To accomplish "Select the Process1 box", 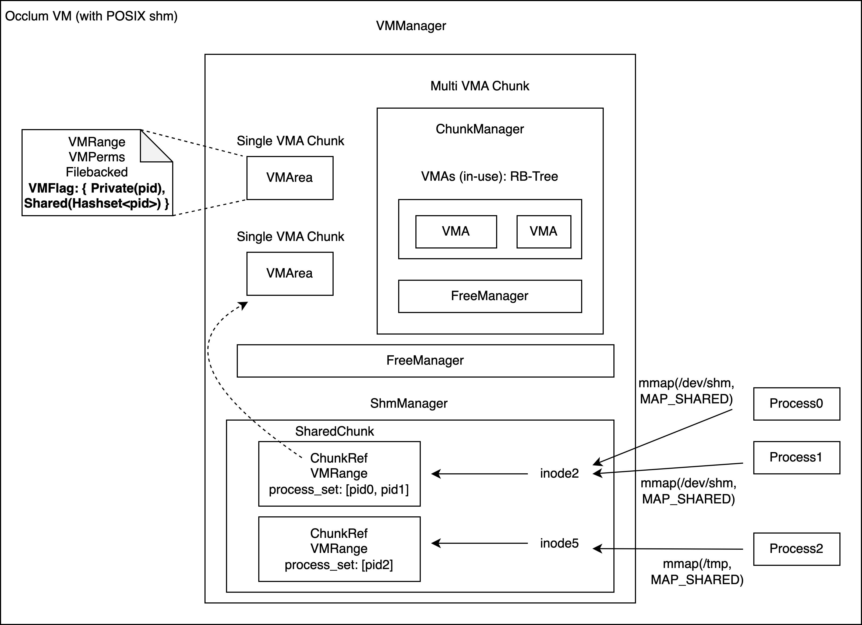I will click(x=796, y=457).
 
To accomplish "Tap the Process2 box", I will click(x=796, y=549).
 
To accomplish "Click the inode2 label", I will click(x=559, y=473).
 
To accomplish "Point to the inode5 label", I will click(x=559, y=543).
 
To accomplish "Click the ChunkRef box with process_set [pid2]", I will click(x=339, y=549).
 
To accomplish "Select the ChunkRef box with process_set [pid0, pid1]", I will click(x=339, y=474).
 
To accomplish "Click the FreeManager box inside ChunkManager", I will click(x=490, y=296).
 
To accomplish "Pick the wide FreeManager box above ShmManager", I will click(x=425, y=361).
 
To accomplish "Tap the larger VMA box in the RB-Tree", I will click(x=456, y=232).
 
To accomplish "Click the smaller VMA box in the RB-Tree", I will click(x=543, y=232).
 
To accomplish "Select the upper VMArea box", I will click(x=289, y=178).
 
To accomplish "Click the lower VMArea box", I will click(x=289, y=274).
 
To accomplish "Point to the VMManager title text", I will click(x=411, y=26).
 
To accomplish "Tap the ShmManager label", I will click(x=409, y=403).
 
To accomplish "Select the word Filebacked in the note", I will click(x=97, y=172).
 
